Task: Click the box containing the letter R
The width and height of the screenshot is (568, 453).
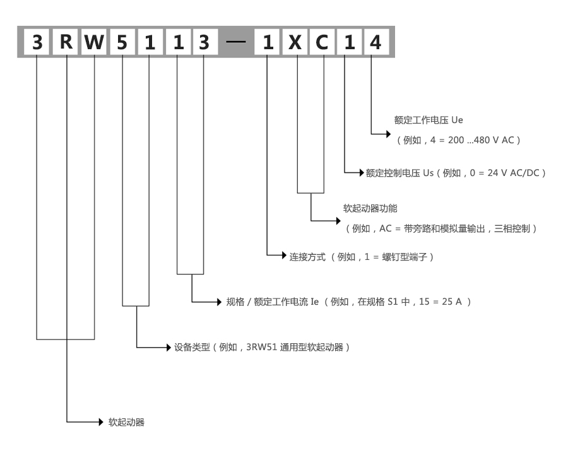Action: (66, 42)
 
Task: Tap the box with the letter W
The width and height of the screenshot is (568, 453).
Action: (94, 42)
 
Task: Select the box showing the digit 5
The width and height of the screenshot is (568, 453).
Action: (122, 42)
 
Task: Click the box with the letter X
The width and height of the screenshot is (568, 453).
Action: (295, 42)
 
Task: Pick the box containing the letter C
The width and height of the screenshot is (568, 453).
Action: (322, 42)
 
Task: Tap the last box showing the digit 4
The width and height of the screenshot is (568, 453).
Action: (376, 42)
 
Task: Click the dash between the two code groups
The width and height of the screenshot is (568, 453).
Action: (235, 42)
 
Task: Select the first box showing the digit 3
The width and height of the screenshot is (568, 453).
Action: (37, 42)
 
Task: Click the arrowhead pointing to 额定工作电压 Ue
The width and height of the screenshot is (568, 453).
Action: (388, 134)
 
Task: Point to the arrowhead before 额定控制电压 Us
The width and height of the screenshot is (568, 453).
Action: (362, 172)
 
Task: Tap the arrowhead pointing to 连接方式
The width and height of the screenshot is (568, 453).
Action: (285, 256)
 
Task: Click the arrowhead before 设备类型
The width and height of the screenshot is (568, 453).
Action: (169, 348)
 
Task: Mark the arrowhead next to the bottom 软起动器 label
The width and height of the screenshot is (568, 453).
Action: (101, 422)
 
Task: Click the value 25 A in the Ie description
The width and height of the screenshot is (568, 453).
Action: (452, 302)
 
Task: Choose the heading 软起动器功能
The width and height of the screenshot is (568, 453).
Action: (370, 208)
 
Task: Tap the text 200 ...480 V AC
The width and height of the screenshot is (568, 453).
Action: (481, 140)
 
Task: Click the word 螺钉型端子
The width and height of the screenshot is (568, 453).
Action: (405, 257)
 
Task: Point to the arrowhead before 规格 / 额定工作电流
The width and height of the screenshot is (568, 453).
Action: (219, 302)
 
